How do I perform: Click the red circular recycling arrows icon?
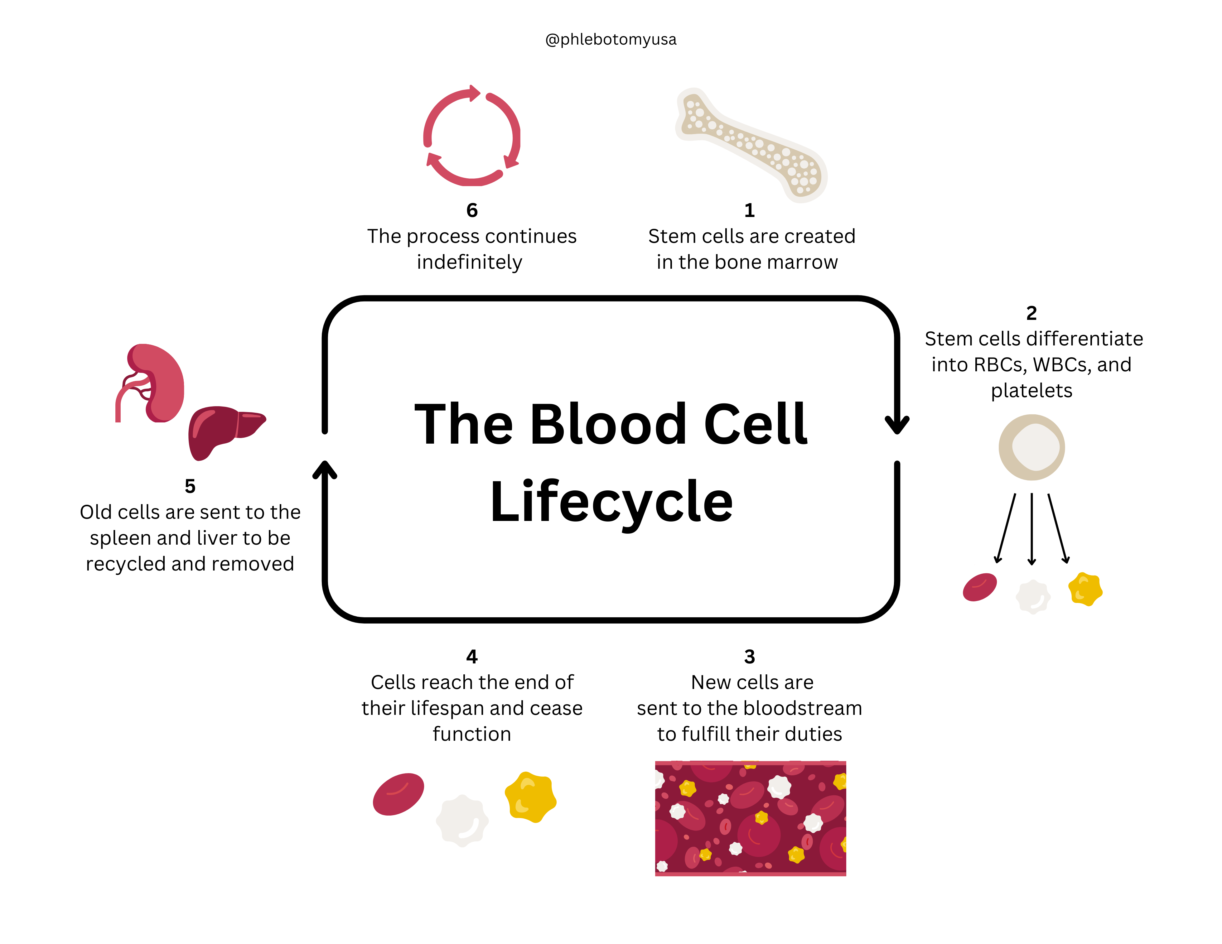tap(472, 136)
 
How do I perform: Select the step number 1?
tap(749, 210)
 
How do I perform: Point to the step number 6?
tap(472, 210)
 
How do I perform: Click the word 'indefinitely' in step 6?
tap(470, 262)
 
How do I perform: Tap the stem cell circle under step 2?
tap(1031, 447)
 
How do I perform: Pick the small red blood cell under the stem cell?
tap(980, 587)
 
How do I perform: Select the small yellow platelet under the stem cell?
tap(1085, 589)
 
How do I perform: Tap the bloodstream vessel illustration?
tap(750, 818)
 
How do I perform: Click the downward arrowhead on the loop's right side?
tap(897, 425)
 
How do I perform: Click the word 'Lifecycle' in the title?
tap(611, 502)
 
